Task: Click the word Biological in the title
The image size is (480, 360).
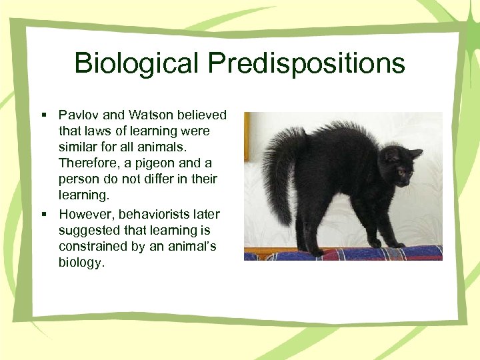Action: [x=137, y=63]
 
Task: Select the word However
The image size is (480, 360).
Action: [x=83, y=214]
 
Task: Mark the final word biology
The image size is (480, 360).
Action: [x=81, y=262]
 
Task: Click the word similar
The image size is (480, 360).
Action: [x=78, y=147]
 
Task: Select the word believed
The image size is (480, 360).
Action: [x=202, y=115]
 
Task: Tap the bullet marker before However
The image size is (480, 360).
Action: [x=43, y=215]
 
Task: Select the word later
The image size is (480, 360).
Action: [x=207, y=214]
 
